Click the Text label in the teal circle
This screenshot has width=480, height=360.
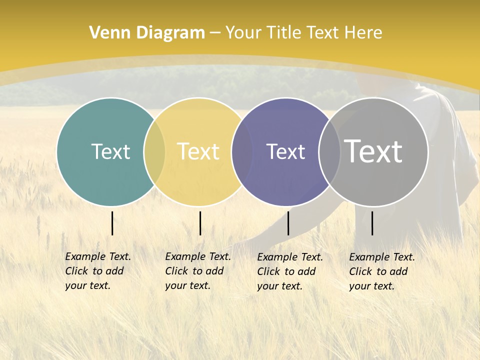[x=110, y=151]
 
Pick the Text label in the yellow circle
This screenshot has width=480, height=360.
[x=198, y=151]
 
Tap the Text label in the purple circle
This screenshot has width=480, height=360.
[x=285, y=151]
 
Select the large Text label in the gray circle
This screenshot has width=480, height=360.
[x=373, y=151]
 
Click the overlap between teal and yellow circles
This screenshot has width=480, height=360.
[x=154, y=152]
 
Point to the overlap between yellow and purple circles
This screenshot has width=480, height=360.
[x=242, y=152]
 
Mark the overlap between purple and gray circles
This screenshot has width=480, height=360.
[x=329, y=152]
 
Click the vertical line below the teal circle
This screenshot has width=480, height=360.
[x=112, y=223]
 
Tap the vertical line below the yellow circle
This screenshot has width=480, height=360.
[x=200, y=223]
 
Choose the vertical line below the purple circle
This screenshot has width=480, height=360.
[x=288, y=223]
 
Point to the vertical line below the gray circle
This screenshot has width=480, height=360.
[x=372, y=223]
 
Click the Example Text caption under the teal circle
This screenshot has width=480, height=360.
[x=98, y=271]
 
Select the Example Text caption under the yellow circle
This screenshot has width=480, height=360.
[x=198, y=271]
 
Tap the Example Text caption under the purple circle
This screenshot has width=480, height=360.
[x=290, y=271]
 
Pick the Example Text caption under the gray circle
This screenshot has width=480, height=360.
[x=382, y=271]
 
